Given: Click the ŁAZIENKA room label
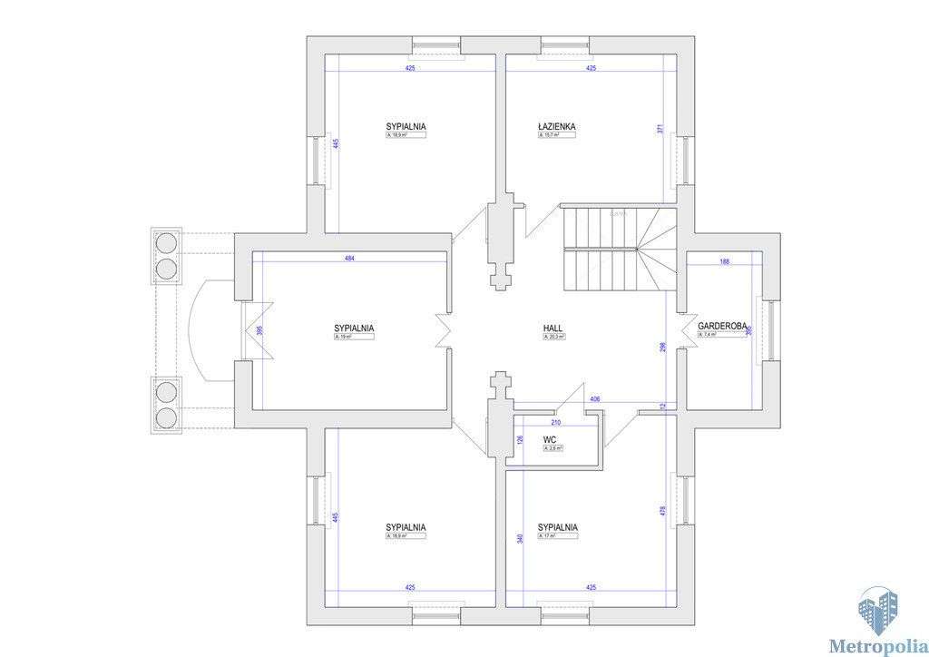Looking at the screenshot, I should click(557, 127).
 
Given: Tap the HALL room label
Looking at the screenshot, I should click(553, 328).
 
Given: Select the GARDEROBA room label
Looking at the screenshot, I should click(722, 326).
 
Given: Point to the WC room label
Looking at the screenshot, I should click(550, 440).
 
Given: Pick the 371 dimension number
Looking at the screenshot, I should click(660, 130).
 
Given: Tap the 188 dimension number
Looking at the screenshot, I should click(724, 261).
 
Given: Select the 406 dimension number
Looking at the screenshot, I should click(595, 399).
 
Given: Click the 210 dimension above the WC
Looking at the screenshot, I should click(555, 422).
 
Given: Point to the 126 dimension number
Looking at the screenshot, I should click(520, 441).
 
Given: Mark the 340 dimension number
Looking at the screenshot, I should click(520, 538).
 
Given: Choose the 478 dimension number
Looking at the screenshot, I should click(662, 511).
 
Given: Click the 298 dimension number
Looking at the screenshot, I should click(662, 348).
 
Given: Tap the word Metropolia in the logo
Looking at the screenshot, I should click(875, 646).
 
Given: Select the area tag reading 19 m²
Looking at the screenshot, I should click(354, 337).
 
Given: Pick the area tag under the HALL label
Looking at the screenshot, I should click(553, 337).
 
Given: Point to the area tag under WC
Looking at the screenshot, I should click(553, 448).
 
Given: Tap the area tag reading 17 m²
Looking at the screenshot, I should click(557, 536).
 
